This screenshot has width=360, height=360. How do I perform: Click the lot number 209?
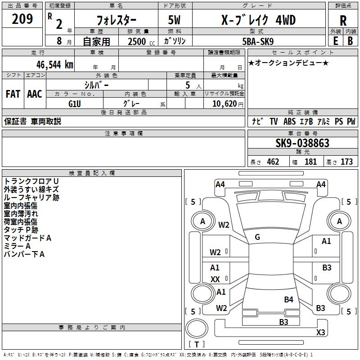click(x=23, y=19)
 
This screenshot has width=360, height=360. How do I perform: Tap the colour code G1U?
click(x=75, y=103)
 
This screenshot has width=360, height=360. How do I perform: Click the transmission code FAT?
click(x=13, y=94)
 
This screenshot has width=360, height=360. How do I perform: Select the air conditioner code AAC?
click(x=35, y=94)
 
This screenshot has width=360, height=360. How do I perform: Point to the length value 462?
click(x=273, y=162)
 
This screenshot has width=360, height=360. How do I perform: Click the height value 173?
click(x=346, y=162)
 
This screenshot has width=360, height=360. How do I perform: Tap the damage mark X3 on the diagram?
click(x=320, y=333)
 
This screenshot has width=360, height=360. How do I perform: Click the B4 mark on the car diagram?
click(x=288, y=299)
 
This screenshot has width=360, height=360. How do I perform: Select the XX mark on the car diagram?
click(x=215, y=279)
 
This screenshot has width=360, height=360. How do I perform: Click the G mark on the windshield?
click(x=257, y=237)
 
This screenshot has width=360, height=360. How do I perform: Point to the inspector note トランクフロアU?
click(x=31, y=181)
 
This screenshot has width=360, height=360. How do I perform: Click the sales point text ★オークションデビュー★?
click(x=288, y=63)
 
